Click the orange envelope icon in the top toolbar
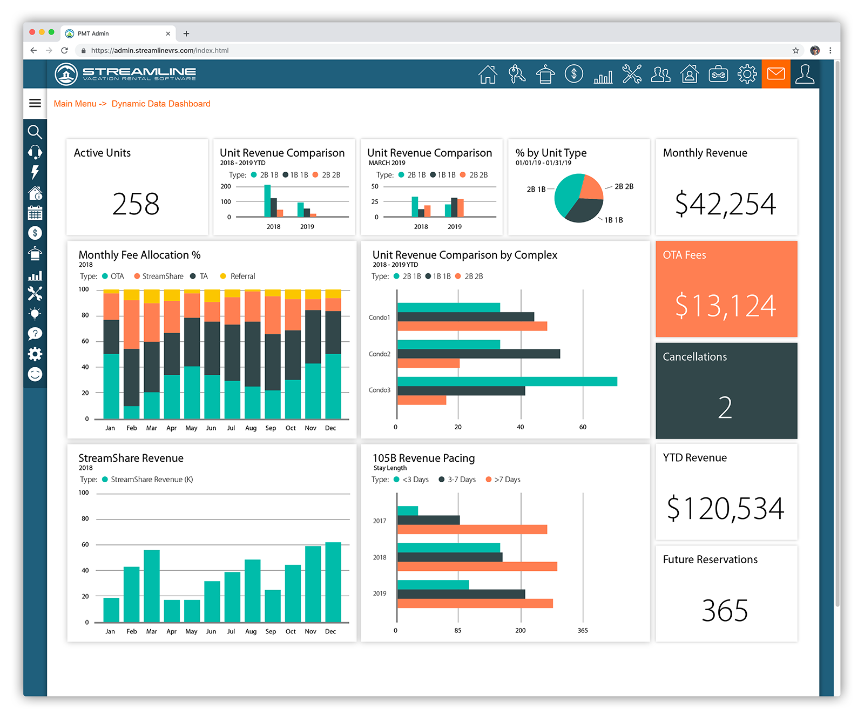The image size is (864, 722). pyautogui.click(x=776, y=73)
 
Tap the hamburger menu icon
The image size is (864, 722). pyautogui.click(x=35, y=103)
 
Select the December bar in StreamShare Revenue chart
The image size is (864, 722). pyautogui.click(x=333, y=582)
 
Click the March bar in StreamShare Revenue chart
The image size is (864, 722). pyautogui.click(x=152, y=586)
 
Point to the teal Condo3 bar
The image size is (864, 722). pyautogui.click(x=507, y=381)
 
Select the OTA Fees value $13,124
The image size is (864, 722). pyautogui.click(x=725, y=306)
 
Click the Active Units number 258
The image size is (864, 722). pyautogui.click(x=136, y=204)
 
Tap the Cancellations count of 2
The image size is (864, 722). pyautogui.click(x=725, y=408)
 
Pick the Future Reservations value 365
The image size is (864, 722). pyautogui.click(x=725, y=611)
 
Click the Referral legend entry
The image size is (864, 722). pyautogui.click(x=242, y=276)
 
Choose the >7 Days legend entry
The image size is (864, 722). pyautogui.click(x=507, y=480)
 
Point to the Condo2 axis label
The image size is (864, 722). pyautogui.click(x=379, y=354)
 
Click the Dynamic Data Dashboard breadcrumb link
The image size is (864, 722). pyautogui.click(x=161, y=104)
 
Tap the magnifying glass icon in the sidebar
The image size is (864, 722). pyautogui.click(x=35, y=132)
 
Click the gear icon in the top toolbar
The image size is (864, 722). pyautogui.click(x=747, y=74)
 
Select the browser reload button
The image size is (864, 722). pyautogui.click(x=64, y=50)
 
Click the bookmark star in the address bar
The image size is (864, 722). pyautogui.click(x=795, y=50)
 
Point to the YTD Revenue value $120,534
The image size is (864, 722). pyautogui.click(x=725, y=509)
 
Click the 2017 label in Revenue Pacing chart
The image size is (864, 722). pyautogui.click(x=380, y=521)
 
